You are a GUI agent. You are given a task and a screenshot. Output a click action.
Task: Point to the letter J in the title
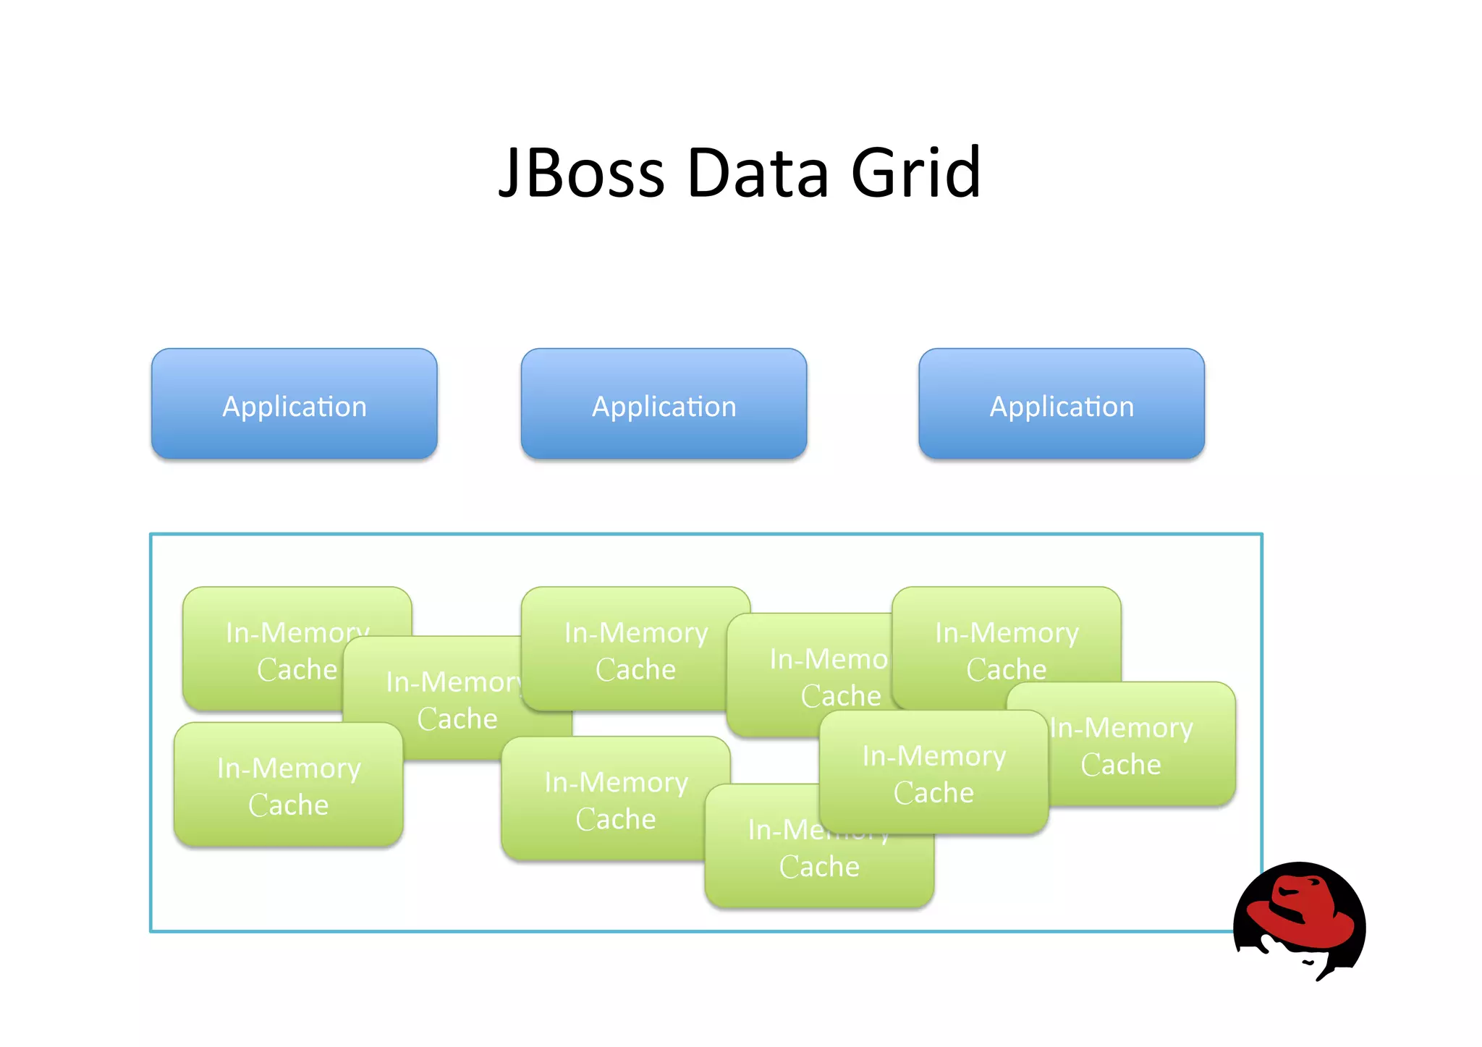509,174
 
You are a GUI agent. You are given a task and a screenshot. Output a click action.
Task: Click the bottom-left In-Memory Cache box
288,785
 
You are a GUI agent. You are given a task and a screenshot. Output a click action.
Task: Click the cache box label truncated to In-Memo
810,677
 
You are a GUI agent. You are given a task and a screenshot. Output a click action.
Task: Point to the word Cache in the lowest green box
819,867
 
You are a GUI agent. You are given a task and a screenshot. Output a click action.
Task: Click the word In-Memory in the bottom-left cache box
289,768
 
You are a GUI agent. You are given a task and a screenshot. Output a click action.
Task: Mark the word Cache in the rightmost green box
1121,765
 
